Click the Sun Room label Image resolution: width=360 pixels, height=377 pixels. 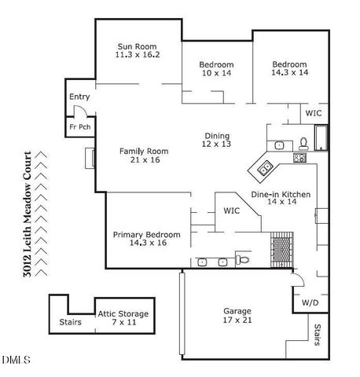[138, 50]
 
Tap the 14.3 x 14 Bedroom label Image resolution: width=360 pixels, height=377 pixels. [289, 68]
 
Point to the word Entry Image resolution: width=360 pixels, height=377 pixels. [79, 97]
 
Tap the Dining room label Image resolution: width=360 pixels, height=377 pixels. [217, 140]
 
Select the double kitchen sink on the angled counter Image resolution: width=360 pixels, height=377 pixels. [265, 167]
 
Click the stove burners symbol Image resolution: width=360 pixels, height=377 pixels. [299, 157]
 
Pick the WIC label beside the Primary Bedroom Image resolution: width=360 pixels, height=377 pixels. [231, 210]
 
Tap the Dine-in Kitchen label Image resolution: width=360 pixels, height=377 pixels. [281, 198]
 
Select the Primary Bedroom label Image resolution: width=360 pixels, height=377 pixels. [146, 239]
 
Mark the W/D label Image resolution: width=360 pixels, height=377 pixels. [310, 302]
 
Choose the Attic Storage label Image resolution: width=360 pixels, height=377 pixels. [123, 318]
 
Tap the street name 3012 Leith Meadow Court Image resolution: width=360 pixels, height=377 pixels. [30, 213]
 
